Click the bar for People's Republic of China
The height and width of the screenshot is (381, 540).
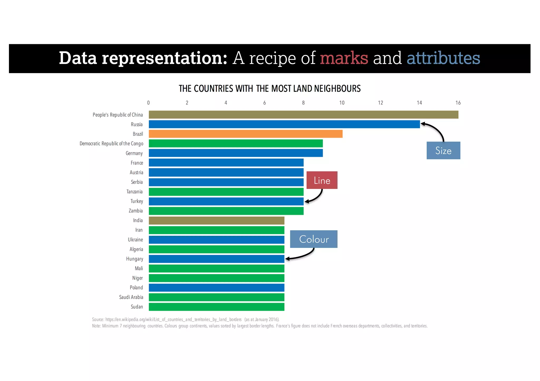(x=303, y=115)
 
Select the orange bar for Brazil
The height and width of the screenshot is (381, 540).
(x=245, y=134)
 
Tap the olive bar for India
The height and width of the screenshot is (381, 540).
(x=216, y=220)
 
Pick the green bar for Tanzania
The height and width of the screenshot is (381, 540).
(x=226, y=192)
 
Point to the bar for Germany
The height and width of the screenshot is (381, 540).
(x=235, y=153)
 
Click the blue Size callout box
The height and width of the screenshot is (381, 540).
(x=443, y=151)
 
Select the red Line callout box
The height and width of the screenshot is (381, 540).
(x=322, y=180)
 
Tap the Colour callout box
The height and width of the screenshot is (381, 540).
(x=314, y=239)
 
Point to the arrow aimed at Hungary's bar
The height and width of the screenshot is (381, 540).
(x=301, y=256)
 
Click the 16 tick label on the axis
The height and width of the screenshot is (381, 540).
(x=458, y=103)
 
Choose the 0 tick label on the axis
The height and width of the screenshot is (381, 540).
(x=148, y=103)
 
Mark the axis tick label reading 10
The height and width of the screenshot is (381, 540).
(x=342, y=103)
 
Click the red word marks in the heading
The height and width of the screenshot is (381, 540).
(x=344, y=58)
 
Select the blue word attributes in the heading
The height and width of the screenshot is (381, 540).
(x=443, y=58)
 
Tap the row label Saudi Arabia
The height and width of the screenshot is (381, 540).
(x=131, y=297)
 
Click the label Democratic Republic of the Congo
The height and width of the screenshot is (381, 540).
(x=111, y=144)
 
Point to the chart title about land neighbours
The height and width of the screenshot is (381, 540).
(x=269, y=89)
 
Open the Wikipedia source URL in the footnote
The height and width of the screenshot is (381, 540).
(x=173, y=320)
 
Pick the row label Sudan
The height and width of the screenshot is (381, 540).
(x=137, y=307)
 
